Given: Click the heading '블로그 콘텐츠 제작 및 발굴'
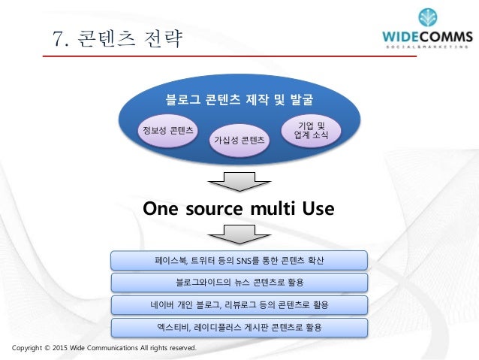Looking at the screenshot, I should tap(239, 98).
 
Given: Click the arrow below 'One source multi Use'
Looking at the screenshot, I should tap(239, 231).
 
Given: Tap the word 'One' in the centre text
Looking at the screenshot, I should tap(166, 207).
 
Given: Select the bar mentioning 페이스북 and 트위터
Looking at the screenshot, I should tap(239, 261).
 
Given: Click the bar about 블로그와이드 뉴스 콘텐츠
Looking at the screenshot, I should tap(239, 283).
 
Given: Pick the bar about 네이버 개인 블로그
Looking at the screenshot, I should tap(239, 306).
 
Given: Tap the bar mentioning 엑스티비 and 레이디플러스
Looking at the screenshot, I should tap(239, 328).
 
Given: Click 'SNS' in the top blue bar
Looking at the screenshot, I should tap(243, 261).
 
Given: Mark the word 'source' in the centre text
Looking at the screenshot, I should tap(218, 207).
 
